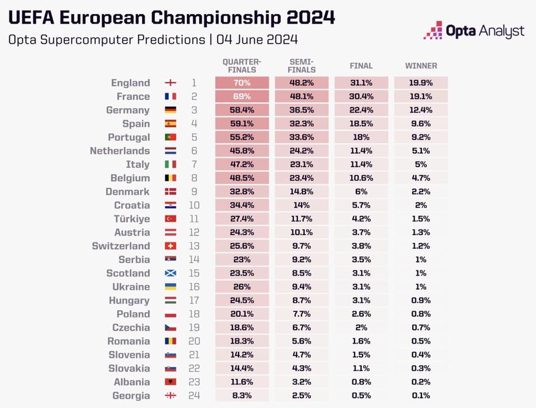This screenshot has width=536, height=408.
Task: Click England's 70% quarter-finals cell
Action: pos(242,83)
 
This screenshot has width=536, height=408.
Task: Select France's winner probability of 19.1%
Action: pos(421,97)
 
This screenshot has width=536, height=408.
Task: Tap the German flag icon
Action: pos(171,110)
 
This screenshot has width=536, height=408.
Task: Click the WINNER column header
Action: pos(421,66)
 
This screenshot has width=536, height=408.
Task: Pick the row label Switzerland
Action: pos(121,246)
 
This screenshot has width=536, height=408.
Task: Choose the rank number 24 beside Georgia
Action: pos(194,396)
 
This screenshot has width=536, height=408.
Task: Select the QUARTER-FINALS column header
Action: pos(242,64)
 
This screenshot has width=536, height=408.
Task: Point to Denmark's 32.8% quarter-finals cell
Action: pos(242,192)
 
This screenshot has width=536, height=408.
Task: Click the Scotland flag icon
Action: pos(171,274)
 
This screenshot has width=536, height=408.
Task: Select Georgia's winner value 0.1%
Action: pos(421,396)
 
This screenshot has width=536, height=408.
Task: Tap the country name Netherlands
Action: pos(120,151)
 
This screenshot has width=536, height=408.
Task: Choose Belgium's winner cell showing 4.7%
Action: pos(421,178)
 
